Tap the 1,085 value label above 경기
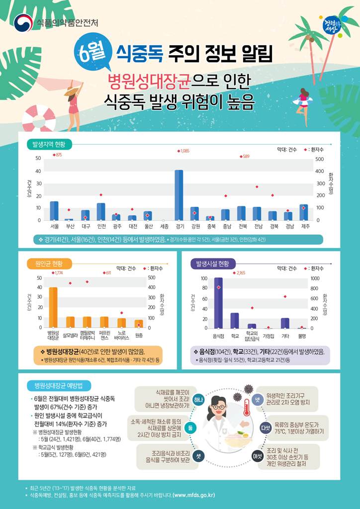click(183, 151)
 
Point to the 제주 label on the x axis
click(305, 226)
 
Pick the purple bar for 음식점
click(218, 303)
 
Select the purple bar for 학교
click(235, 320)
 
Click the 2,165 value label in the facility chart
click(240, 273)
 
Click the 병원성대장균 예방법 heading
click(59, 385)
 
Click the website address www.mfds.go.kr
click(194, 495)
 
